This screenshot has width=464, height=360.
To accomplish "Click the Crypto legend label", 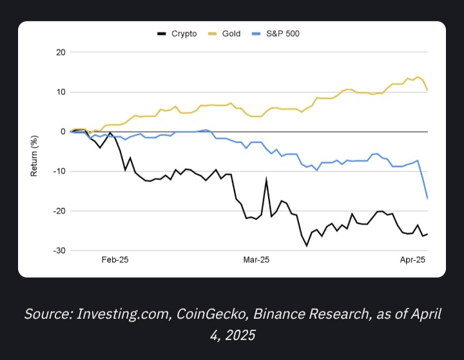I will click(x=184, y=33).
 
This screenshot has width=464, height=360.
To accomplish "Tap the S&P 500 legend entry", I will click(x=283, y=33).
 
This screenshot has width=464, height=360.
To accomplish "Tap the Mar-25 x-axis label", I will click(x=256, y=260).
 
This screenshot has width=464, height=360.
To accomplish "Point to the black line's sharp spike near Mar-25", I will click(x=266, y=180).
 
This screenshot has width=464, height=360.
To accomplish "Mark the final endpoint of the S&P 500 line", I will click(x=427, y=198).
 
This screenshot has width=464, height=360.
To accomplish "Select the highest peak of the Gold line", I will click(x=418, y=77).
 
